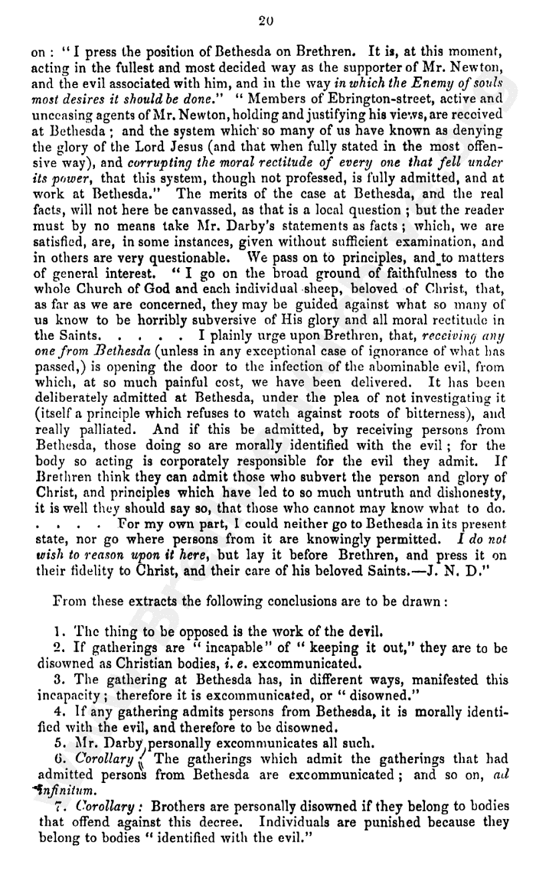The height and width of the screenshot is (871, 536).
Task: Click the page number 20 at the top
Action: click(x=266, y=21)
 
